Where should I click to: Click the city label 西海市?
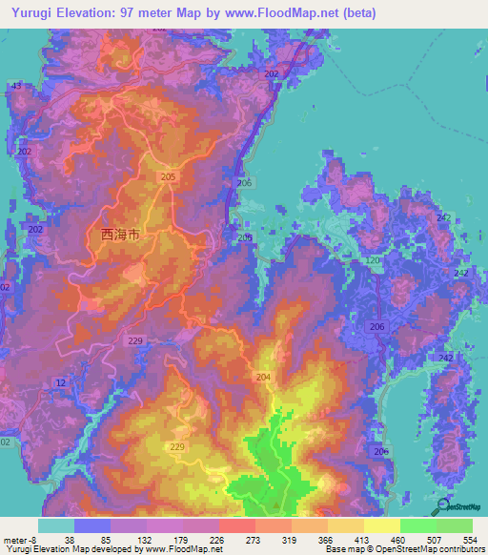point(120,232)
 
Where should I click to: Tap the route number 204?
point(262,378)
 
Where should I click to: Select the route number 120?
point(373,260)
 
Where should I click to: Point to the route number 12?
point(61,382)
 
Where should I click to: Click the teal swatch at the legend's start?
point(55,525)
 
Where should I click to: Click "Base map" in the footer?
point(340,550)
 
